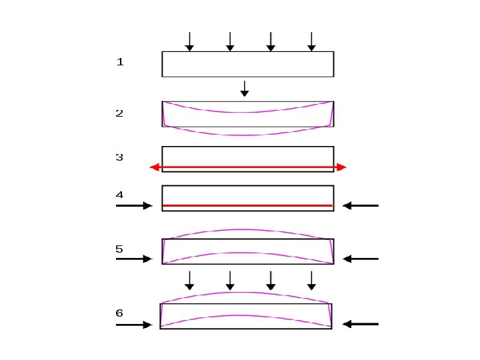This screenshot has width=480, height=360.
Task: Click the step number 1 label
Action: click(120, 62)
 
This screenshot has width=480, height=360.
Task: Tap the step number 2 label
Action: click(119, 113)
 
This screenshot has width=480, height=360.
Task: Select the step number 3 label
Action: click(119, 157)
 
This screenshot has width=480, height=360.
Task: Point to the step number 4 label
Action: click(119, 195)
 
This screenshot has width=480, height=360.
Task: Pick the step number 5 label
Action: click(119, 249)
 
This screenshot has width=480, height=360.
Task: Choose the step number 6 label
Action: click(119, 313)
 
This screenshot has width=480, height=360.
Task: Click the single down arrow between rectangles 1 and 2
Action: click(245, 89)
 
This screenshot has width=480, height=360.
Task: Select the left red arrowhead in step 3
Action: click(154, 167)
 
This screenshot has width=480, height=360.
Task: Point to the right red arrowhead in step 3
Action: click(342, 167)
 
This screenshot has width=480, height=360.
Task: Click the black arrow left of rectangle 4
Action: click(134, 206)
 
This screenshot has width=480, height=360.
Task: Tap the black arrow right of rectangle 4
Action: click(361, 206)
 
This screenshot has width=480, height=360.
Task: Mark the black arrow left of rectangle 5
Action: click(134, 259)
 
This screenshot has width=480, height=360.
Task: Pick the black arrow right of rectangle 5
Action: click(361, 259)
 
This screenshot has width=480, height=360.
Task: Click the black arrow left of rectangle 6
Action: click(134, 325)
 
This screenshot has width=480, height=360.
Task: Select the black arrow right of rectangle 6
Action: click(361, 324)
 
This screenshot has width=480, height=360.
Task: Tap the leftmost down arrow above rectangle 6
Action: click(189, 281)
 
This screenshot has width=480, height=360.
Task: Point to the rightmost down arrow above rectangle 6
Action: click(311, 281)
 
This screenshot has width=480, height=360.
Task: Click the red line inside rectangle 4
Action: click(247, 205)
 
